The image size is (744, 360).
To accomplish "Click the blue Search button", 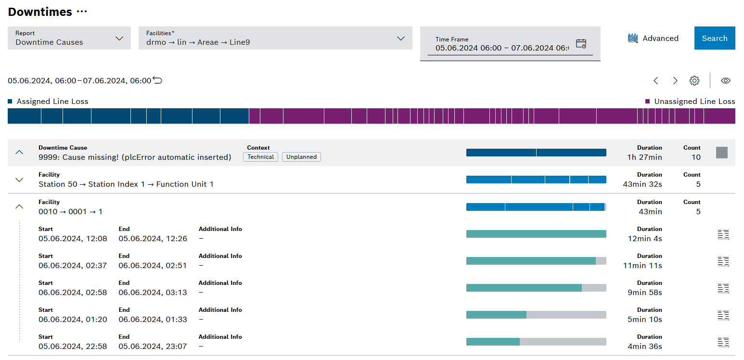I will point(714,38).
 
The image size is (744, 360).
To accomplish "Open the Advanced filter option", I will point(653,38).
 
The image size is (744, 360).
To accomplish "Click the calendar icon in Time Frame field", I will point(581,44).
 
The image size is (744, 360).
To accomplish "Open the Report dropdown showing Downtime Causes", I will point(69,38).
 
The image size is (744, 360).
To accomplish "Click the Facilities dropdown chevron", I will point(400,38).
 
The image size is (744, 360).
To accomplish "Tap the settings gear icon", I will point(694,81).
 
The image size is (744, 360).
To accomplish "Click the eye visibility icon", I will point(725,81).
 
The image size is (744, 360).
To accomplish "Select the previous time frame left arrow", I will point(655,81).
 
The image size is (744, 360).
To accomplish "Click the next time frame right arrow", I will point(675,81).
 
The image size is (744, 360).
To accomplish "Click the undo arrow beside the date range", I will point(157,80).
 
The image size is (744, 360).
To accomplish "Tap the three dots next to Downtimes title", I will point(82,12).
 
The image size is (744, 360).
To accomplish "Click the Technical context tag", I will point(260,157).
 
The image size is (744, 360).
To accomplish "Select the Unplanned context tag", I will point(301,157).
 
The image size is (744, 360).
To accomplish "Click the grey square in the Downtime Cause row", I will point(721,153).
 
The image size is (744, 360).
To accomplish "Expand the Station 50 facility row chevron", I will point(19,180).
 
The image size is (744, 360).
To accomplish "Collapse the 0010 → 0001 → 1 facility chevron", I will point(19,206).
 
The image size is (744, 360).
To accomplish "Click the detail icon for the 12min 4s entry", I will point(723,234).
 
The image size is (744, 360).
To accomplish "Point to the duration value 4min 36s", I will point(644,347).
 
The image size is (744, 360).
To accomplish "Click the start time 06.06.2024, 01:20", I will point(73,320).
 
